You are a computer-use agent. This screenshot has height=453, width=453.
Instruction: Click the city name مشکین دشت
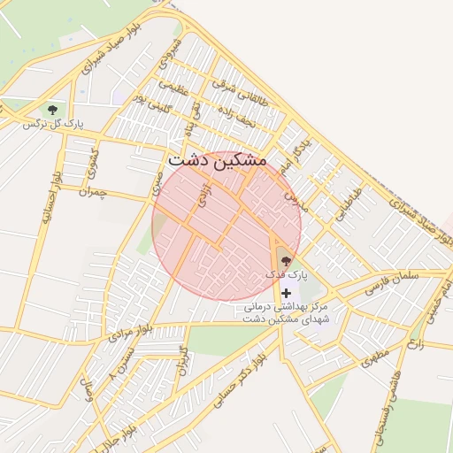(x=217, y=161)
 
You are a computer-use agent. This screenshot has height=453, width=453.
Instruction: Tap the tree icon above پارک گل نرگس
(x=54, y=110)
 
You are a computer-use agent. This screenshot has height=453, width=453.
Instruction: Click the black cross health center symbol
(x=286, y=292)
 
